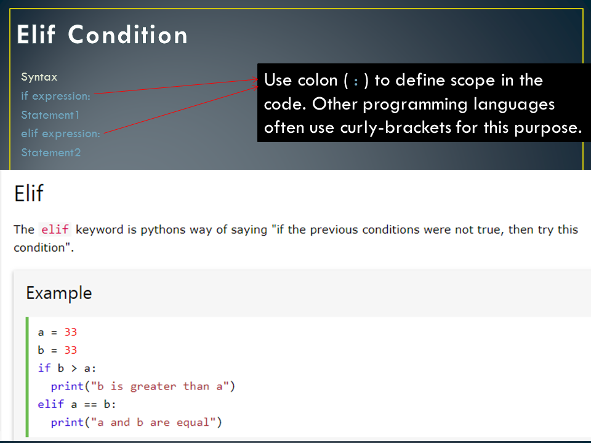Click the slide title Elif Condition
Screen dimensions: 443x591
pos(102,35)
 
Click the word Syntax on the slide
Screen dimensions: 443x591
pos(39,78)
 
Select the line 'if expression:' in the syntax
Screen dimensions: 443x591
pos(55,96)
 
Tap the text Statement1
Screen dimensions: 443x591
pos(50,115)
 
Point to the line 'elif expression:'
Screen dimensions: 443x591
pos(60,134)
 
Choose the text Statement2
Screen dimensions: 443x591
pos(50,153)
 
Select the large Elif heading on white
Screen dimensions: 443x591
pos(29,194)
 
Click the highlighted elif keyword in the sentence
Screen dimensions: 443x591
pos(55,229)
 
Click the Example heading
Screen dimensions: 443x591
pos(58,293)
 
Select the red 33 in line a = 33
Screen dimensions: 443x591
pos(70,332)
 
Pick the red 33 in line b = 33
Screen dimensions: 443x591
pos(70,350)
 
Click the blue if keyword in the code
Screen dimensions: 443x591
pos(44,368)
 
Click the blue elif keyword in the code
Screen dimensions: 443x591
pos(50,404)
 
